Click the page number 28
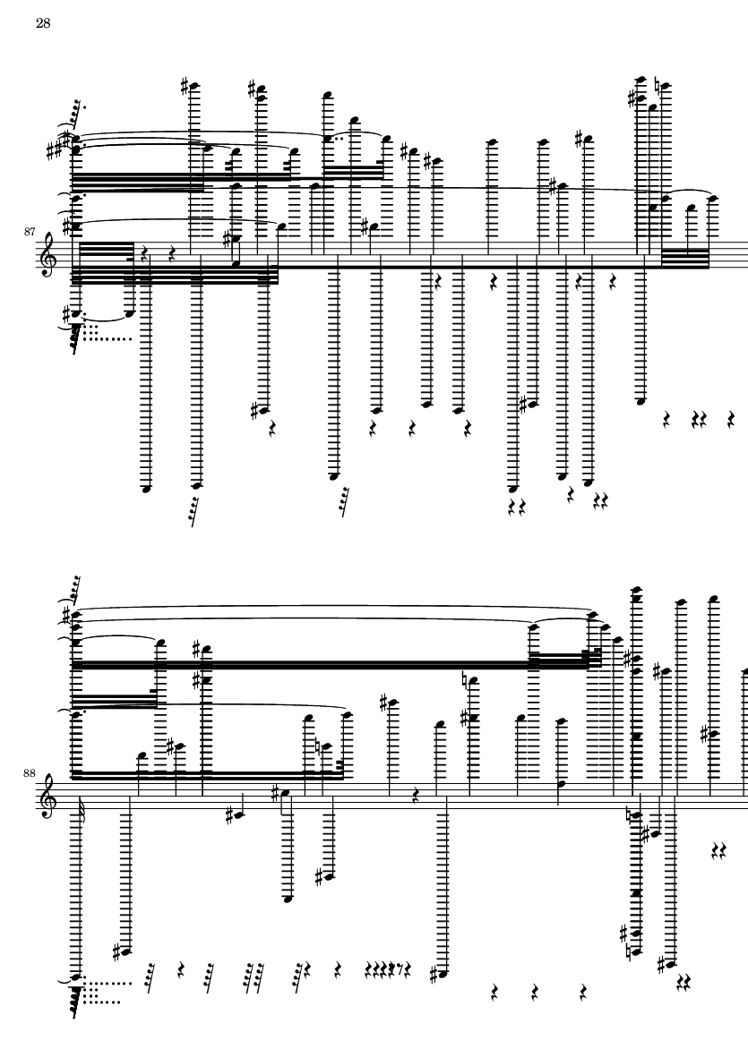click(43, 23)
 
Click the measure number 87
click(29, 232)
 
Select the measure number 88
click(29, 773)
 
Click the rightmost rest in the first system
click(731, 420)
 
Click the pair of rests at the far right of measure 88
click(719, 852)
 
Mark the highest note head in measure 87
click(642, 78)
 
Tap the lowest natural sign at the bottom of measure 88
click(629, 953)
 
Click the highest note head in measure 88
click(635, 590)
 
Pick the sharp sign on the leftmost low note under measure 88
click(116, 952)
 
